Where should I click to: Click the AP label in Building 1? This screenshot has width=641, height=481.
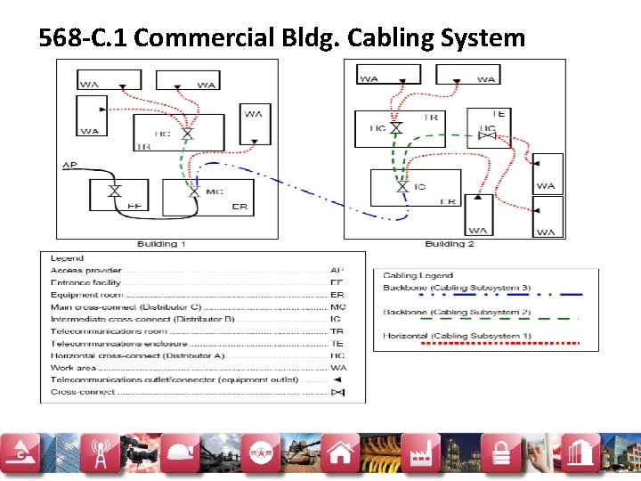point(69,166)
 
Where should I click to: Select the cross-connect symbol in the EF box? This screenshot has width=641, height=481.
point(114,192)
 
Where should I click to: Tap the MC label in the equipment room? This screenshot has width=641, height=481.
point(215,192)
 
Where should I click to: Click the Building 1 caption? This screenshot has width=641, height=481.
point(161,244)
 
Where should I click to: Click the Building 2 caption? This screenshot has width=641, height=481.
point(450,244)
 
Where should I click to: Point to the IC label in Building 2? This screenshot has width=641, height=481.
point(419,187)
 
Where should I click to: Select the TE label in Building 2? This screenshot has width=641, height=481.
point(498,114)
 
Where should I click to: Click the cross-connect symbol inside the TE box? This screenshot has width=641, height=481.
point(486,130)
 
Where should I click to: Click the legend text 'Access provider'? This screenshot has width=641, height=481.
point(86,271)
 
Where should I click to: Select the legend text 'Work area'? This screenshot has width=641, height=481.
point(74,368)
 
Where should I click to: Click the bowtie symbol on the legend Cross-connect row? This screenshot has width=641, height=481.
point(337,392)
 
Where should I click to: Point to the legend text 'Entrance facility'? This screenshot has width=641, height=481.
point(85,282)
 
